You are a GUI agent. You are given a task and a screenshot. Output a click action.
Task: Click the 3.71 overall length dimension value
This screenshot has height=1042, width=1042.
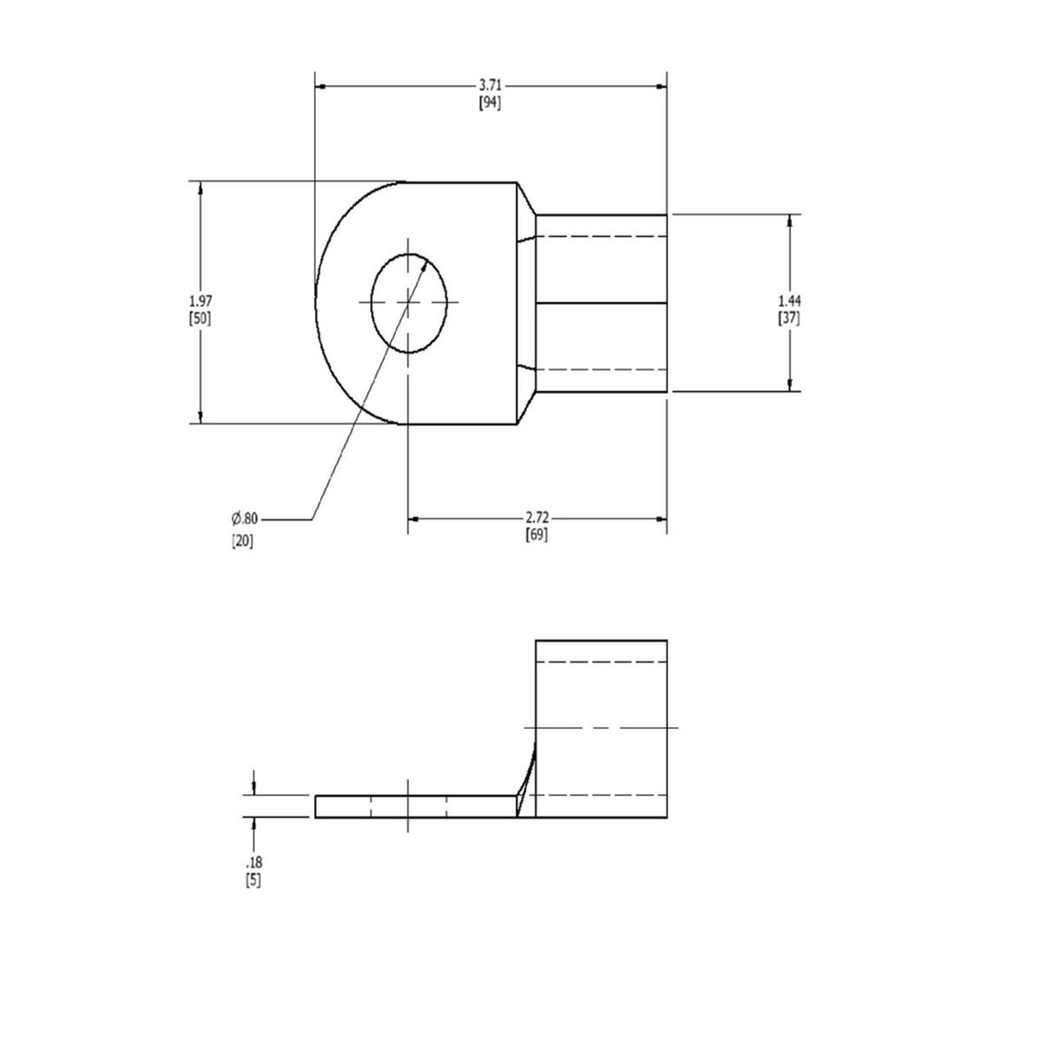491,85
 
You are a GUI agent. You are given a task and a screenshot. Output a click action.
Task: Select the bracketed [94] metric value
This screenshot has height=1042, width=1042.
491,102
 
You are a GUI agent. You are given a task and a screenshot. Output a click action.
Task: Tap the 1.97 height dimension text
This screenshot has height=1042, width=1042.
200,300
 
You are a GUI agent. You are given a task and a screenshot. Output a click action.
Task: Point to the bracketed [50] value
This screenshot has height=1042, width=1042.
200,318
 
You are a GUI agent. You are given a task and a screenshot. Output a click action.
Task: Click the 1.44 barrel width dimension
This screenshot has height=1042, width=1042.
789,300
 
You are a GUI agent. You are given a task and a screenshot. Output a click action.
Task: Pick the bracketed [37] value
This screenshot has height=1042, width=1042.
789,318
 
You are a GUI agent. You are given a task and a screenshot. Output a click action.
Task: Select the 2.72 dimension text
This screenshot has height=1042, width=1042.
537,518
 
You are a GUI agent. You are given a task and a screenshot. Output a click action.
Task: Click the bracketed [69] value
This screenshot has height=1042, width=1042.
537,535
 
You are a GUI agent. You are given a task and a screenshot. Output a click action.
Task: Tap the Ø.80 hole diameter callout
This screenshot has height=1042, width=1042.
244,518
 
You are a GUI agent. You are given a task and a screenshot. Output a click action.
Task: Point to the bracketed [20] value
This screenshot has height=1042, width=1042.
242,542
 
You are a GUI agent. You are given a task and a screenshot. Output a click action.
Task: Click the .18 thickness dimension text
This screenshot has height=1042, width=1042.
254,863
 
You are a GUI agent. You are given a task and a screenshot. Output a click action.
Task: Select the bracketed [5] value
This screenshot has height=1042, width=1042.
254,880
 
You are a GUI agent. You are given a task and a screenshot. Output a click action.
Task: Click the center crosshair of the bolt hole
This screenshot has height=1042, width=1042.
408,302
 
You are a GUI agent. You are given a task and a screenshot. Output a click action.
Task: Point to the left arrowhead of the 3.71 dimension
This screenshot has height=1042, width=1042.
320,86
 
